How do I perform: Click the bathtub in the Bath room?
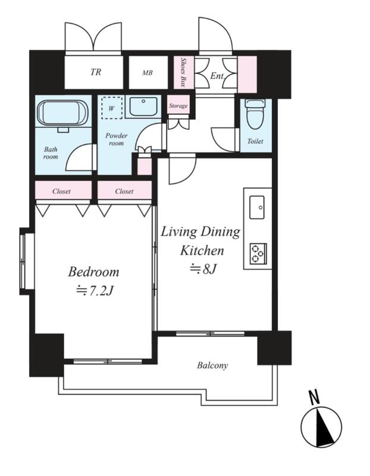click(x=62, y=113)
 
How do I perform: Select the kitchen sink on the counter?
click(x=257, y=207)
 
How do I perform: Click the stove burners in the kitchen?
click(x=258, y=253)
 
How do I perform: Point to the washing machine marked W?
click(x=112, y=108)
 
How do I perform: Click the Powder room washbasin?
click(x=143, y=107)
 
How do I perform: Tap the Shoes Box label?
click(x=183, y=72)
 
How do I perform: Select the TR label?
click(x=96, y=72)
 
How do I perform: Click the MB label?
click(x=148, y=73)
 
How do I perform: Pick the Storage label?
click(x=178, y=106)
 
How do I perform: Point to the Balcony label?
click(x=212, y=365)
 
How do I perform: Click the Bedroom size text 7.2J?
click(x=95, y=291)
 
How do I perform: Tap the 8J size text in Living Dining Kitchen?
click(x=203, y=269)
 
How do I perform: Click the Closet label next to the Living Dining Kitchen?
click(x=124, y=191)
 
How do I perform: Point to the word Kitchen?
click(x=202, y=250)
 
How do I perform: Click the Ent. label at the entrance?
click(x=217, y=76)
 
